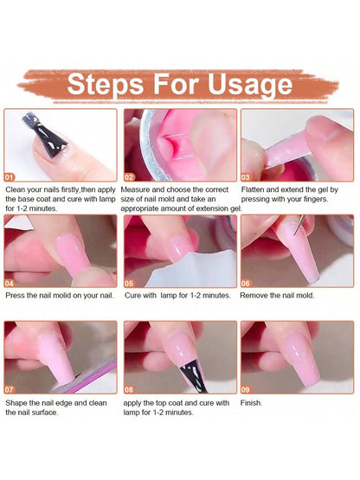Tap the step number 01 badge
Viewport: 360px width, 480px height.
11,176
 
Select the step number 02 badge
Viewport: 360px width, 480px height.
131,176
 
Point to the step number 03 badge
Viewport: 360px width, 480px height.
247,176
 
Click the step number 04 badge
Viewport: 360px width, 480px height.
11,282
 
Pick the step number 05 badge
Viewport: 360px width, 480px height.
131,282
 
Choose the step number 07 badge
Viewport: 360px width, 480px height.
11,388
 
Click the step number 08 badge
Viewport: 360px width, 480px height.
131,388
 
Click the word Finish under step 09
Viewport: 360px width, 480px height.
252,403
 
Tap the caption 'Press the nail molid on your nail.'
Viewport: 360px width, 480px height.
59,296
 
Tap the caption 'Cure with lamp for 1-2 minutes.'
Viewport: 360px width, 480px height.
177,296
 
